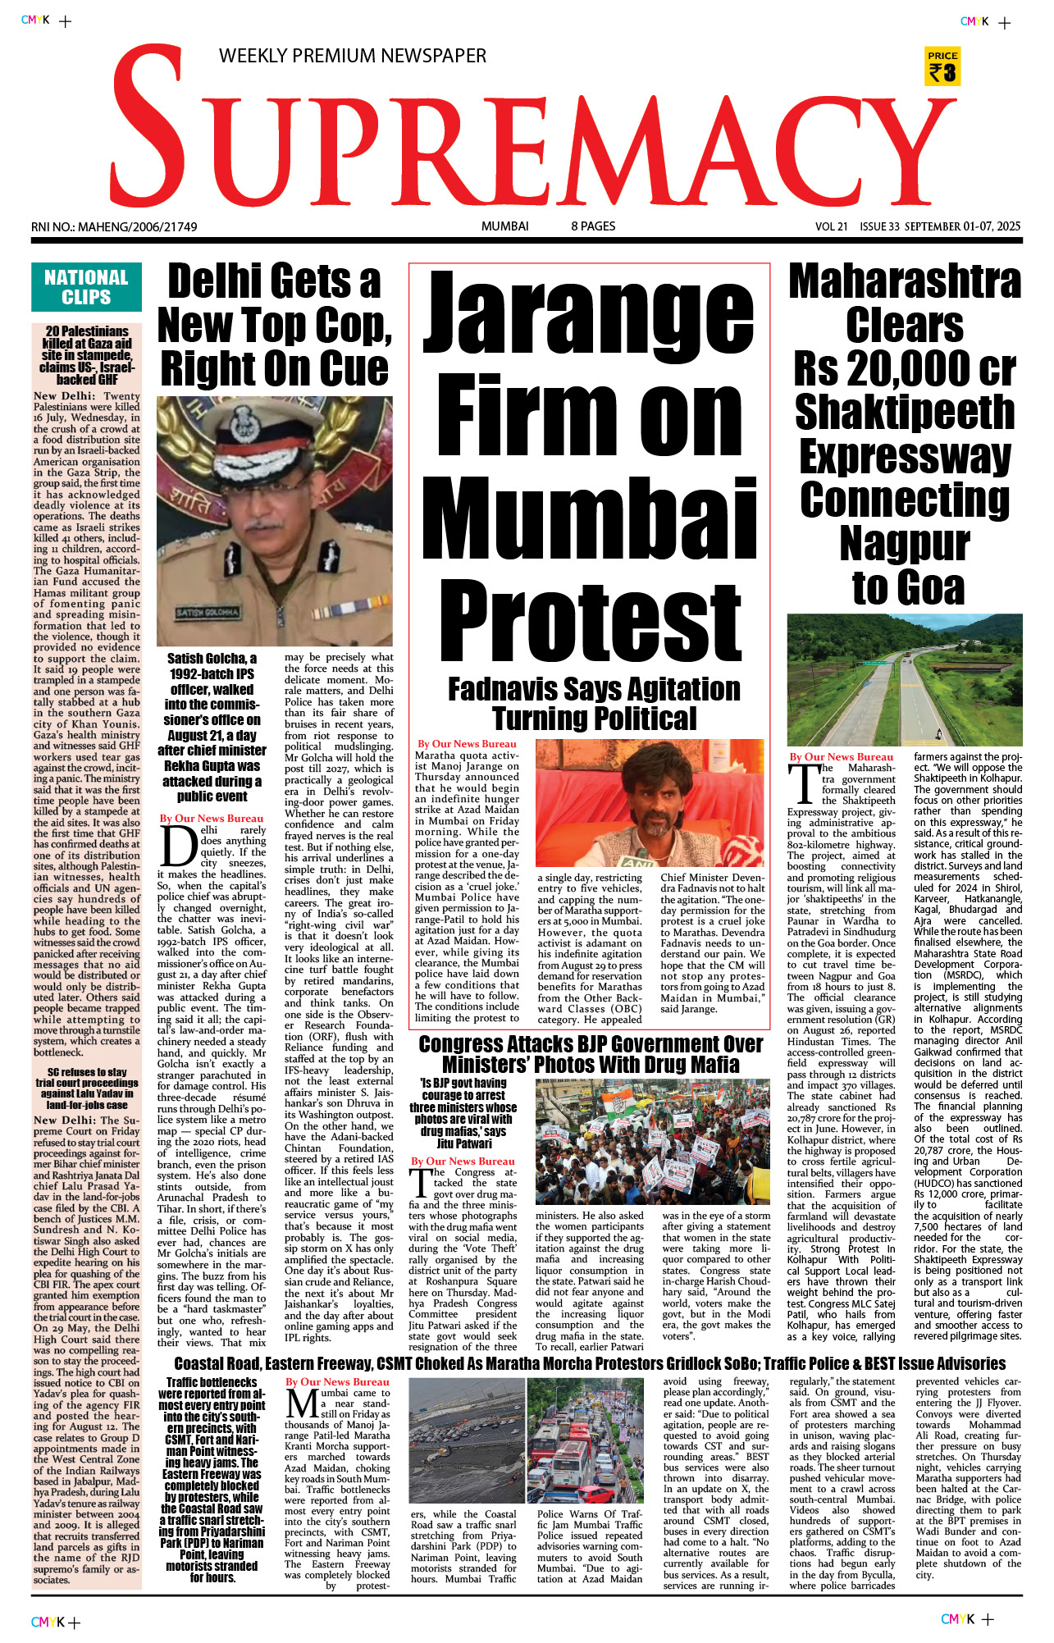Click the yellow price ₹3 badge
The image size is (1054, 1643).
pyautogui.click(x=942, y=66)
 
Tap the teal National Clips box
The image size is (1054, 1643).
pyautogui.click(x=86, y=287)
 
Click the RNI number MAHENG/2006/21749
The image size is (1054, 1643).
pyautogui.click(x=114, y=227)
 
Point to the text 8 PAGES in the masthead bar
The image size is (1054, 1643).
pyautogui.click(x=593, y=226)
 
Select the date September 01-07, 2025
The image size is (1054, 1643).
pyautogui.click(x=962, y=226)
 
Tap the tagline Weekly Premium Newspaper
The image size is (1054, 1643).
pyautogui.click(x=352, y=56)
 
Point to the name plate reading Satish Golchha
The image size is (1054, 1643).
pyautogui.click(x=208, y=613)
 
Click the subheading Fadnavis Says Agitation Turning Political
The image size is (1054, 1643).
pyautogui.click(x=594, y=703)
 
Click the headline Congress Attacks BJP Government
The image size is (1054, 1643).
pyautogui.click(x=591, y=1054)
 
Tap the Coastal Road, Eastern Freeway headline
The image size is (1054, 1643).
pyautogui.click(x=589, y=1364)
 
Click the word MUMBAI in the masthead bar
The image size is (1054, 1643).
pyautogui.click(x=504, y=226)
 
